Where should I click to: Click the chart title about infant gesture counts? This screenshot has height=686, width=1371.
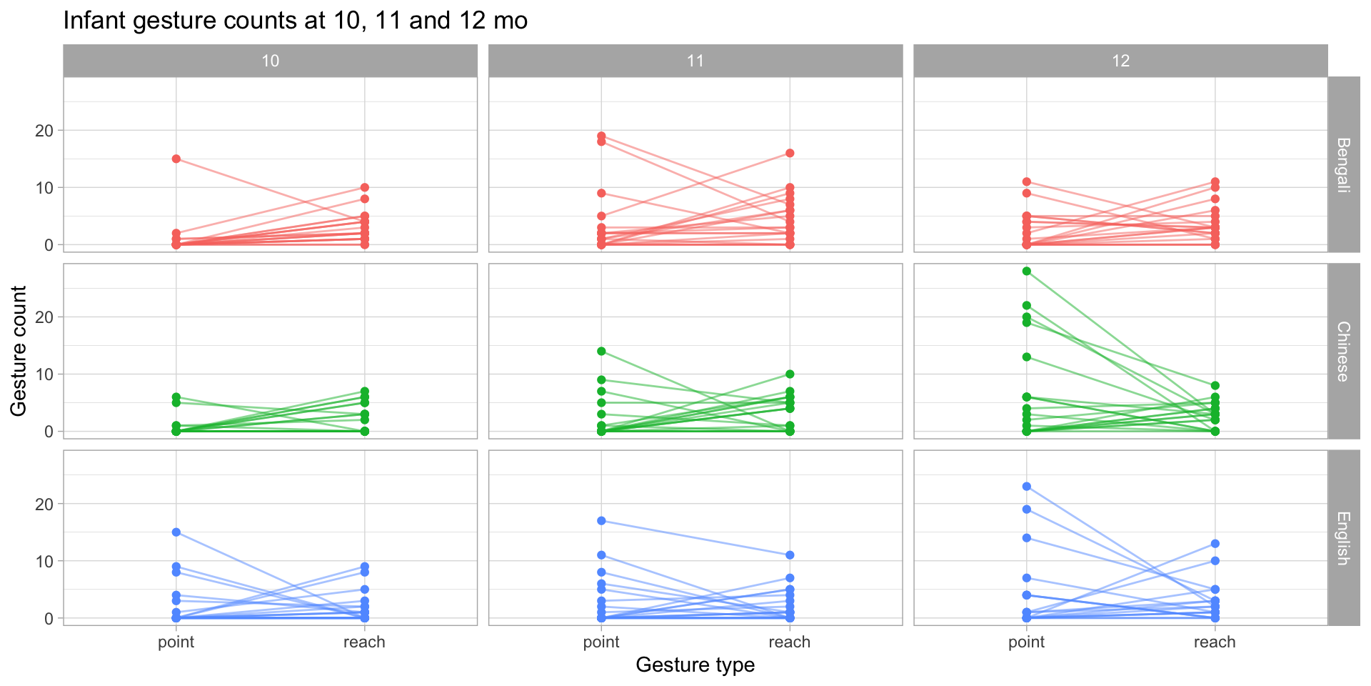click(x=295, y=21)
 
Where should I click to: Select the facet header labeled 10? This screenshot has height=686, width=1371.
click(x=270, y=61)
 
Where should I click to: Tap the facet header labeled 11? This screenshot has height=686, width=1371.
click(x=695, y=61)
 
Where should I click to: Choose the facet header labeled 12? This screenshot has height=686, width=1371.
click(x=1120, y=61)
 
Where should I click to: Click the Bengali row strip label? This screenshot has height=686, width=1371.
click(x=1343, y=164)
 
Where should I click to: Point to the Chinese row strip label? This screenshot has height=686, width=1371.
click(x=1343, y=351)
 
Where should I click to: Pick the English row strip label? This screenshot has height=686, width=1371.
click(x=1343, y=538)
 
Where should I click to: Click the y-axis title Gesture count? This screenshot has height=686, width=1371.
click(x=19, y=351)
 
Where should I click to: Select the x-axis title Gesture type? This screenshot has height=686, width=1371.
click(x=695, y=665)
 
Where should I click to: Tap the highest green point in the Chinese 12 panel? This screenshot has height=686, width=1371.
click(x=1026, y=271)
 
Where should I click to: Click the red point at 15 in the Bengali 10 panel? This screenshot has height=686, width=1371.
click(x=176, y=159)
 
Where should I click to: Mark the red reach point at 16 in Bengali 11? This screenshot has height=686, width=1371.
click(x=790, y=153)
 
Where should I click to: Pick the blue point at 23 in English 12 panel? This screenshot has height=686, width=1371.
click(x=1026, y=487)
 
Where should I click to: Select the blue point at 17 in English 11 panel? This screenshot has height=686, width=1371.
click(x=601, y=521)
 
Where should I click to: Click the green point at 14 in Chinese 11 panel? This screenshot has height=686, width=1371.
click(x=601, y=352)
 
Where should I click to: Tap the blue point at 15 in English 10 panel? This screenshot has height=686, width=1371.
click(x=176, y=532)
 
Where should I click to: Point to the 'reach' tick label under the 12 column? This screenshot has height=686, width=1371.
click(x=1215, y=642)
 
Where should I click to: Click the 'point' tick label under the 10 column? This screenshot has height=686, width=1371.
click(x=176, y=642)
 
